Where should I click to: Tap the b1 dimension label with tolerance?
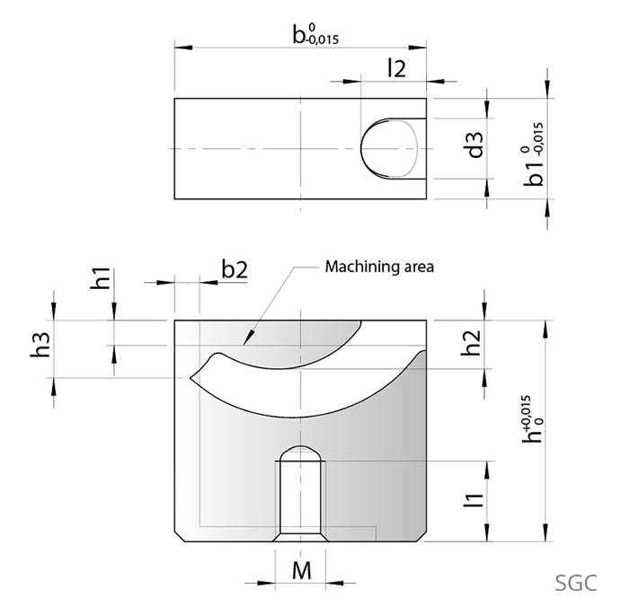tap(536, 159)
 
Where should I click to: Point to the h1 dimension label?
tap(102, 278)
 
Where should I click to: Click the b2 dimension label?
tap(234, 269)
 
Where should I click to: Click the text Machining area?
tap(379, 267)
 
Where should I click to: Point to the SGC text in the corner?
tap(575, 582)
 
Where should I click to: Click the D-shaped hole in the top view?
tap(389, 147)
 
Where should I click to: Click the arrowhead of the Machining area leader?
tap(245, 344)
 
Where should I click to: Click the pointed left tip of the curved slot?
tap(191, 376)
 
